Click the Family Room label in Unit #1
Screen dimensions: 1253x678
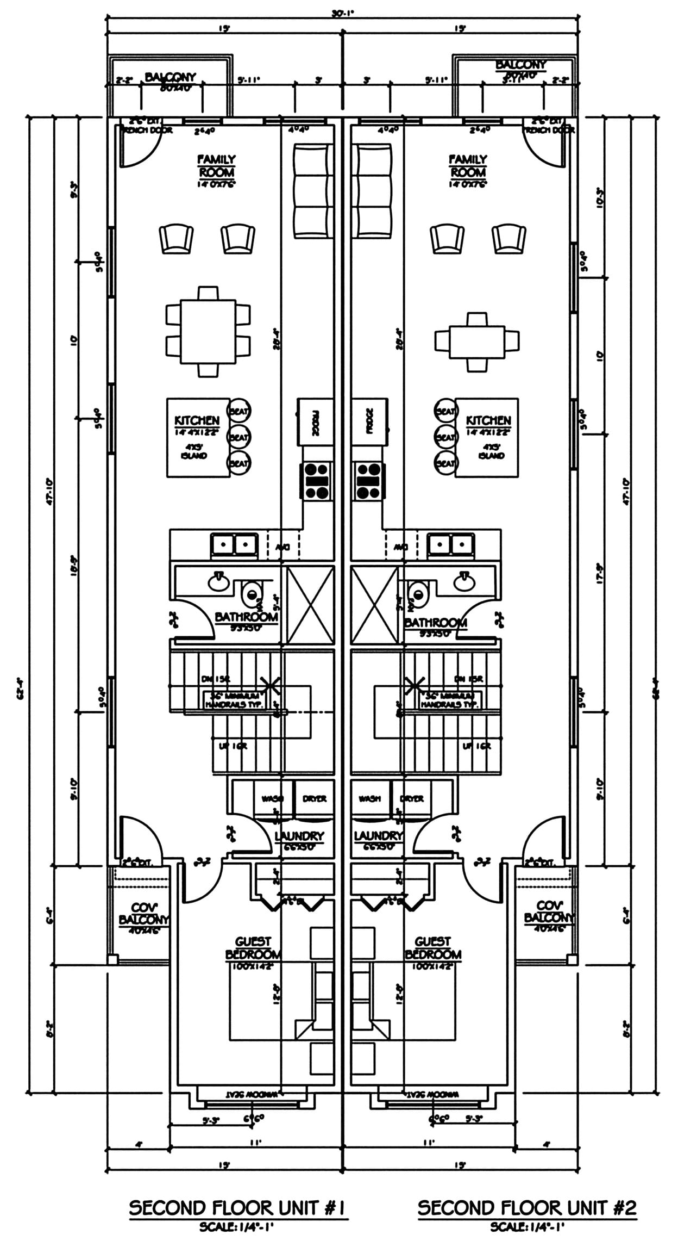pyautogui.click(x=216, y=166)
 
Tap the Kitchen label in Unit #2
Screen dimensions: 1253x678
pyautogui.click(x=488, y=421)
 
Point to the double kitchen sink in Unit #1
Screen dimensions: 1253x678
pyautogui.click(x=234, y=544)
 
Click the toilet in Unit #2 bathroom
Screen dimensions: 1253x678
pyautogui.click(x=417, y=592)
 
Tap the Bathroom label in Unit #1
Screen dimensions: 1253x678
pyautogui.click(x=246, y=618)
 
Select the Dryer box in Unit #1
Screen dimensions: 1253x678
pyautogui.click(x=314, y=799)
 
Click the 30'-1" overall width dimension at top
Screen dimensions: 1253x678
pyautogui.click(x=342, y=13)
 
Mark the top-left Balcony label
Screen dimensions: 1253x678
pyautogui.click(x=170, y=78)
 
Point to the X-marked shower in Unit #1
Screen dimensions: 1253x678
pyautogui.click(x=310, y=605)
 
